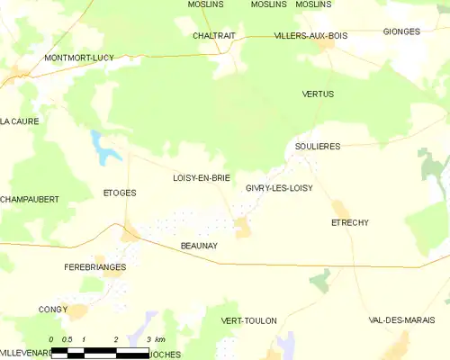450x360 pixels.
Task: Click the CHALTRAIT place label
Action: [x=214, y=36]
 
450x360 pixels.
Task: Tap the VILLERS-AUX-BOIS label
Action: [x=310, y=36]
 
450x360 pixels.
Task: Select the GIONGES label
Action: [x=401, y=31]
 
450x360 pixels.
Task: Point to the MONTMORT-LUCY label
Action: [x=78, y=58]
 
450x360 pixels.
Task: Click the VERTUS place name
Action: [x=318, y=94]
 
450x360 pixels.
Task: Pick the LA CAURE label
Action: [x=17, y=121]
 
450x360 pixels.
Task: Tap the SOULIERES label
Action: [x=318, y=146]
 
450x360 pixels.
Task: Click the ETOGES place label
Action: [x=119, y=192]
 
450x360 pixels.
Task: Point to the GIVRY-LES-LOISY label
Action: [x=279, y=188]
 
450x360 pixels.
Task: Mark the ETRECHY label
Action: [x=350, y=222]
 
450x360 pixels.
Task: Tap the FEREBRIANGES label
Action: [x=94, y=267]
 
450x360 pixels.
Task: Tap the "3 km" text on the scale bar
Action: [x=154, y=339]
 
